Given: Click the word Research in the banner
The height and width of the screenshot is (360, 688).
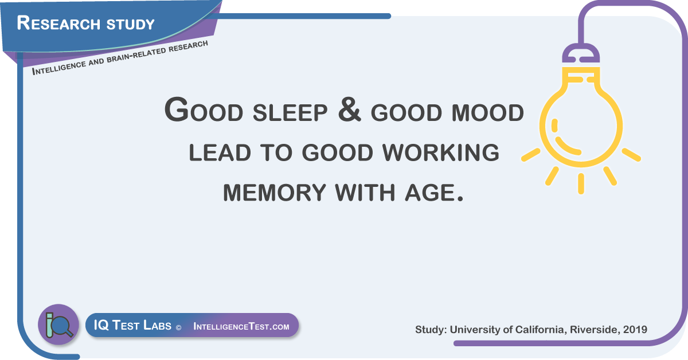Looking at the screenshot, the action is point(58,23).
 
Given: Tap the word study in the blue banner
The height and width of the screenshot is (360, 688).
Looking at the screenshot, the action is point(130,25).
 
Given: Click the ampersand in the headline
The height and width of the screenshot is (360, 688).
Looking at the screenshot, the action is point(349,109).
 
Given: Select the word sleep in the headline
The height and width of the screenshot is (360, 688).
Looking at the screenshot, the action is point(290,112).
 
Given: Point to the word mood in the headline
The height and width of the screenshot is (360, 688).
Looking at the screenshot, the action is point(487,113).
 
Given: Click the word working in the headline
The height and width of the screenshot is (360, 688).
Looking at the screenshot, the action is point(441,152).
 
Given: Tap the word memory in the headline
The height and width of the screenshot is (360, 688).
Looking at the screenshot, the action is point(274,193).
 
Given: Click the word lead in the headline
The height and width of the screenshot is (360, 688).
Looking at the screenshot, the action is point(220,152).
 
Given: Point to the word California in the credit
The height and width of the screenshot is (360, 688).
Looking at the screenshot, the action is point(540,330).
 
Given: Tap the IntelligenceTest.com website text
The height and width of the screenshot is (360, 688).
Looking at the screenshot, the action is point(241,326).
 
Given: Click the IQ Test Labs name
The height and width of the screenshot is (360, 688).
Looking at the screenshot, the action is point(132,325).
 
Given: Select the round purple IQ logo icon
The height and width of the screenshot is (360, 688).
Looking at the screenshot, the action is point(58,324).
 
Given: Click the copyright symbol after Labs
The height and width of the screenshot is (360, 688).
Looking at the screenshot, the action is point(178,328).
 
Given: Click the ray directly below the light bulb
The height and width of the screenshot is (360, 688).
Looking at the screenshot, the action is point(581,183).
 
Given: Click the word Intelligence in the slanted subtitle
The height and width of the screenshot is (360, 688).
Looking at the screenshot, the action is point(59,67).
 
